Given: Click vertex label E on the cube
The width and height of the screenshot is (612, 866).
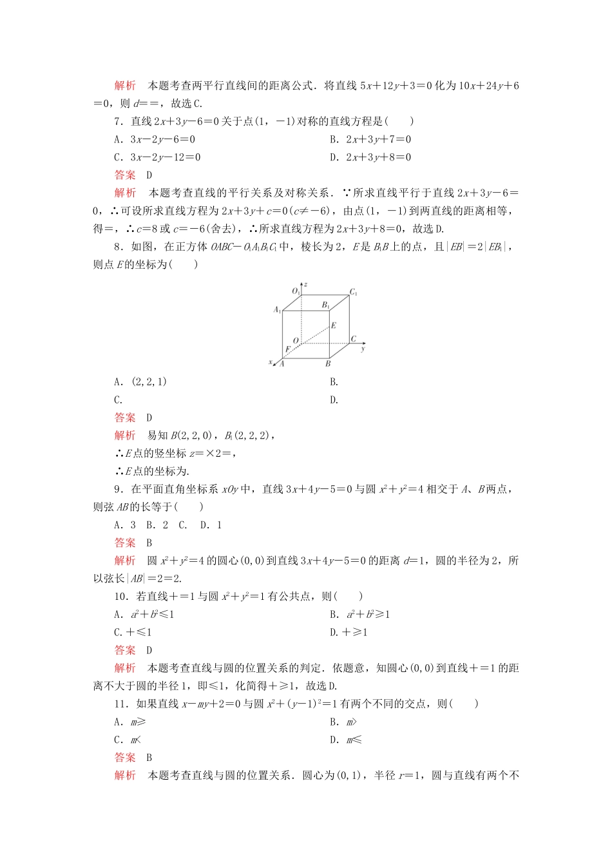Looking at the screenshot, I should tap(333, 326).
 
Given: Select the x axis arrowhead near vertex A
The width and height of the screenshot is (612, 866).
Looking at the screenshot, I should tap(274, 365).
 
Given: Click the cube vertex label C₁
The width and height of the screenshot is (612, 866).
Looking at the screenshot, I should tap(354, 293).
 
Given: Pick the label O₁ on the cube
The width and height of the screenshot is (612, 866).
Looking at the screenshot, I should tap(296, 291).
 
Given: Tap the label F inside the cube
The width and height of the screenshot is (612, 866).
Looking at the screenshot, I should tap(288, 349).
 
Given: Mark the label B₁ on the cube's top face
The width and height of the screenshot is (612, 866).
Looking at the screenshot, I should tap(326, 305).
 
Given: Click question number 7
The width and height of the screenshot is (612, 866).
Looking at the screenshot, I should tap(119, 121).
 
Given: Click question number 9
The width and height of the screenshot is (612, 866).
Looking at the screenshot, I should tap(119, 489).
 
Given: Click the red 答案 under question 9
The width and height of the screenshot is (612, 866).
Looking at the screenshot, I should tap(125, 543).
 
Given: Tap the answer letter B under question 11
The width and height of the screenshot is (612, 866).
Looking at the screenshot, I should tap(149, 758).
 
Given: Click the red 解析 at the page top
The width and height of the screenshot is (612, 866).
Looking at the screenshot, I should tap(125, 86).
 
